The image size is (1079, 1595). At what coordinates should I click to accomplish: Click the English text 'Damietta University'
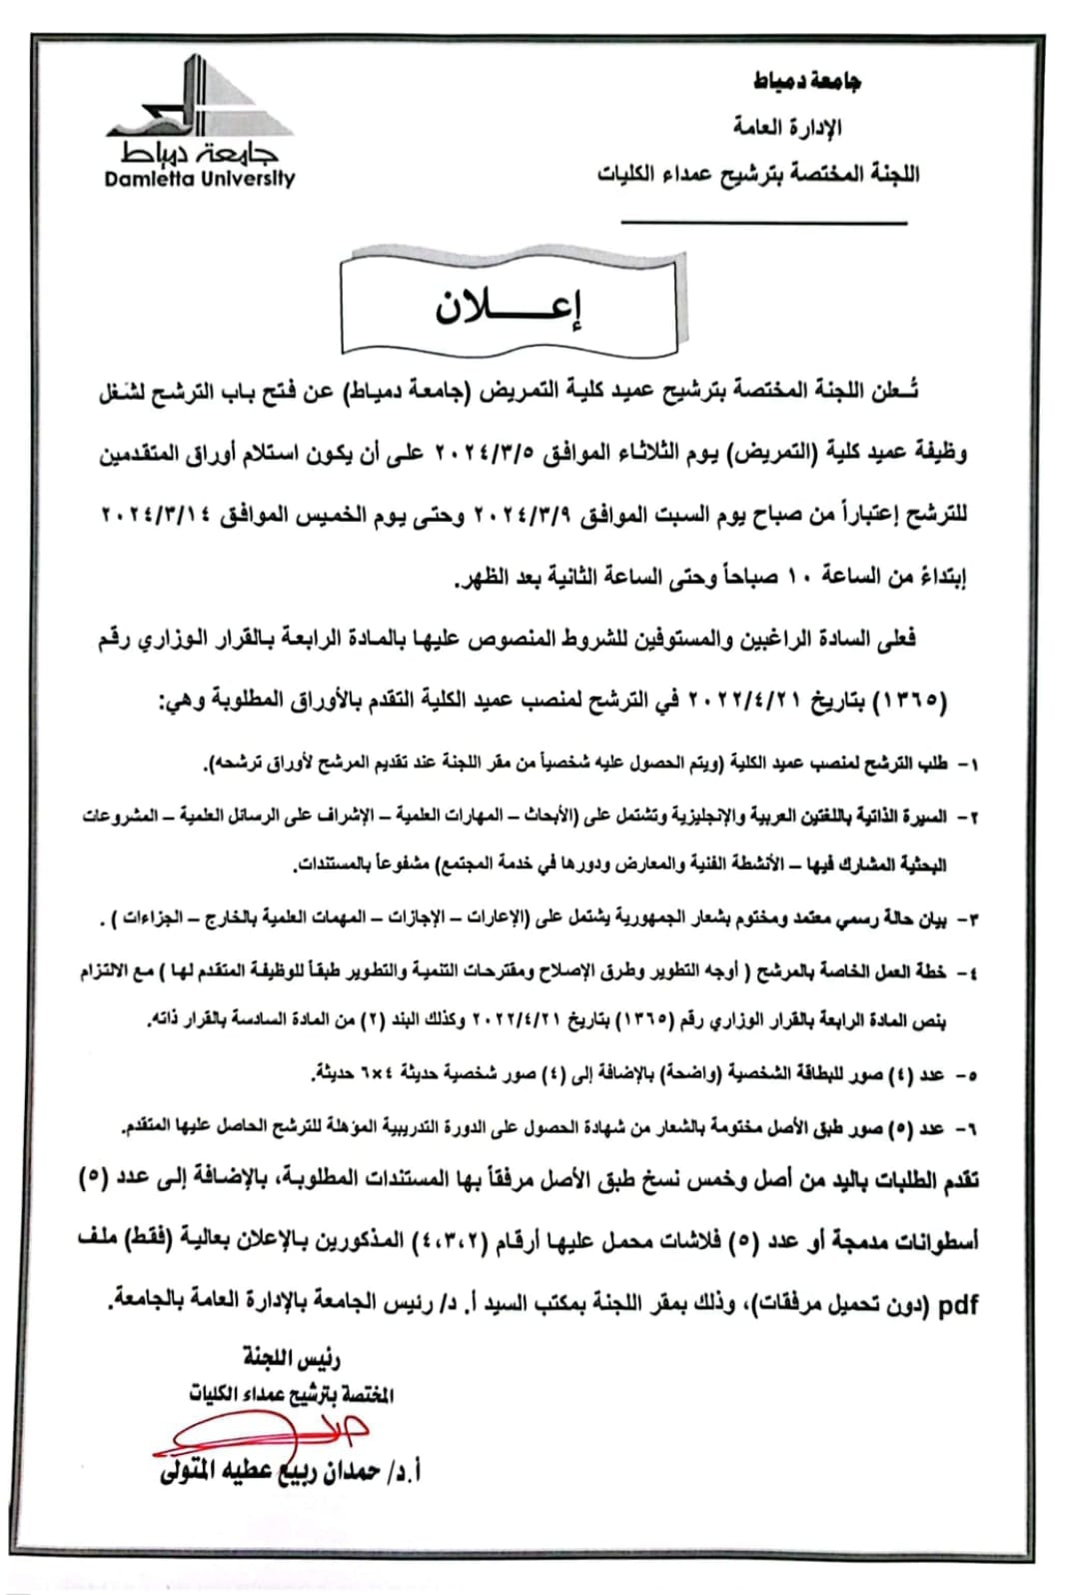click(x=200, y=180)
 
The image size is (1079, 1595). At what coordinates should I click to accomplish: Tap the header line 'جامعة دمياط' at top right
click(x=807, y=81)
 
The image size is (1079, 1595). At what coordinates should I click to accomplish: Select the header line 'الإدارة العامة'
click(x=787, y=127)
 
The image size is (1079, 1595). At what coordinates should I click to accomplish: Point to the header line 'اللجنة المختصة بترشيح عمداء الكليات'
click(x=758, y=174)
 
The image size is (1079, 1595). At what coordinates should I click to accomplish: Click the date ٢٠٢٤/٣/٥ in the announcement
click(x=487, y=454)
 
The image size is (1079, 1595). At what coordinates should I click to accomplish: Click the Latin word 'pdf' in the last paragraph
click(x=958, y=1305)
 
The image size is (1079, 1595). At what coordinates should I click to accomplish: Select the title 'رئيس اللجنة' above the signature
click(x=291, y=1357)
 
